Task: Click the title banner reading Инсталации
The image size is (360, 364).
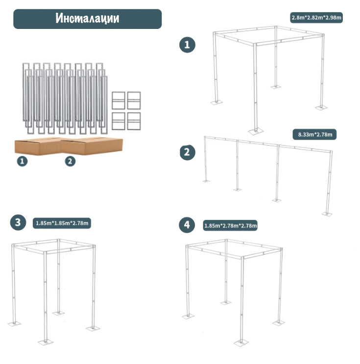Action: coord(88,19)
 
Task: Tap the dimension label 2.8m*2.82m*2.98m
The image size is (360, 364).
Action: coord(316,18)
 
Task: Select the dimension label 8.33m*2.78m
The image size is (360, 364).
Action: coord(314,134)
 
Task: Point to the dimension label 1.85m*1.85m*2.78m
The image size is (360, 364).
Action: coord(62,223)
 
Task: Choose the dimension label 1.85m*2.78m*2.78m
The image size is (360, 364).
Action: coord(230,225)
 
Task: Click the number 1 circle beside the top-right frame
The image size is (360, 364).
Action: coord(187,45)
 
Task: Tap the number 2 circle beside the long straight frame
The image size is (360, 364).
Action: coord(187,152)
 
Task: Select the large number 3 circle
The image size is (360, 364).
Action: coord(18,222)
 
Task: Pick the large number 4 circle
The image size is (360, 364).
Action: coord(187,225)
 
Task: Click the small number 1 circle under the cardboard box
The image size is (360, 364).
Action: coord(22,161)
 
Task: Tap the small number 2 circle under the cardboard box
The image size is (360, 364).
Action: coord(70,161)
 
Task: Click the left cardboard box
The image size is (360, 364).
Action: coord(38,146)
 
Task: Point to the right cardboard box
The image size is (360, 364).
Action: coord(92,146)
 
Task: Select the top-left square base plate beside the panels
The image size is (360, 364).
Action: coord(119,100)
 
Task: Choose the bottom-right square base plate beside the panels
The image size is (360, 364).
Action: coord(134,121)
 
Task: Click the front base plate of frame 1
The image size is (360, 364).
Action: coord(256,132)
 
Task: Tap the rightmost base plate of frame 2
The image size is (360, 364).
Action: coord(327,214)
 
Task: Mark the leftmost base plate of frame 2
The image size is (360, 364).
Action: coord(206,181)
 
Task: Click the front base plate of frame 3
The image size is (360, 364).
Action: coord(46,342)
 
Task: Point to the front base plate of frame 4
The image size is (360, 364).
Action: coord(241,342)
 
